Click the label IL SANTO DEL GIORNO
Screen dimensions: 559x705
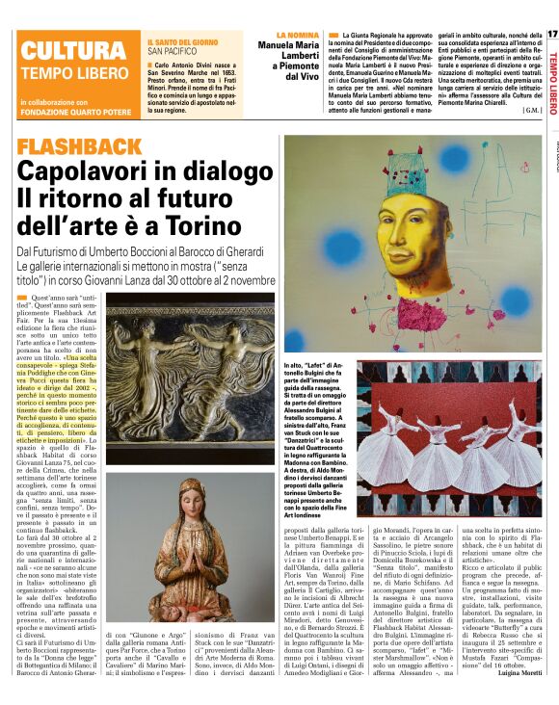(183, 43)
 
